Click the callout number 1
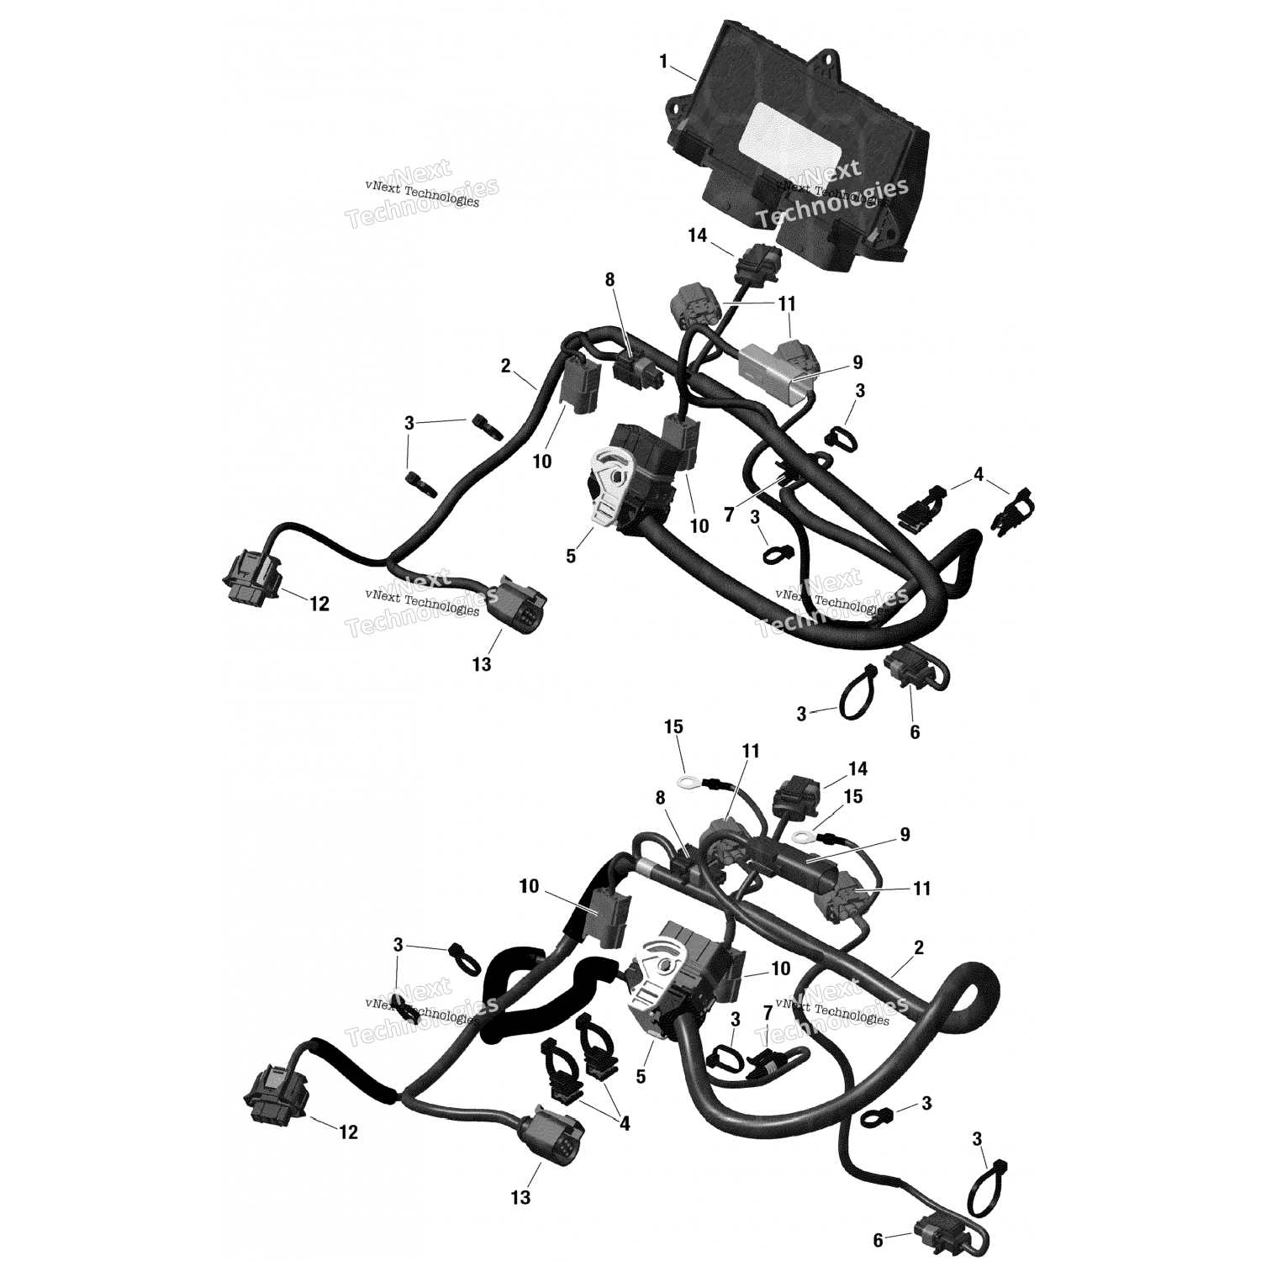pos(663,61)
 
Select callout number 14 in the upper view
pos(698,236)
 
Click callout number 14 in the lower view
pos(857,769)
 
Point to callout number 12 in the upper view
pos(319,604)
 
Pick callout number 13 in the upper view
pos(481,664)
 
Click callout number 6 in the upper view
pos(915,732)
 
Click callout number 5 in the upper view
pos(571,556)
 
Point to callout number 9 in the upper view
pos(857,362)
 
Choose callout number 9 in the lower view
pos(905,835)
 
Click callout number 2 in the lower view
pos(919,947)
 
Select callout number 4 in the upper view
pos(978,475)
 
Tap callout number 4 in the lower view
pos(625,1123)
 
